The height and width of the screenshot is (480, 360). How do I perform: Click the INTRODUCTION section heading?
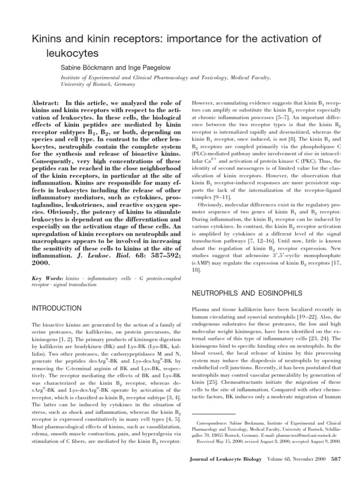(x=57, y=308)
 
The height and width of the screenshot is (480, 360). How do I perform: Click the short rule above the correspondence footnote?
(x=214, y=414)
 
